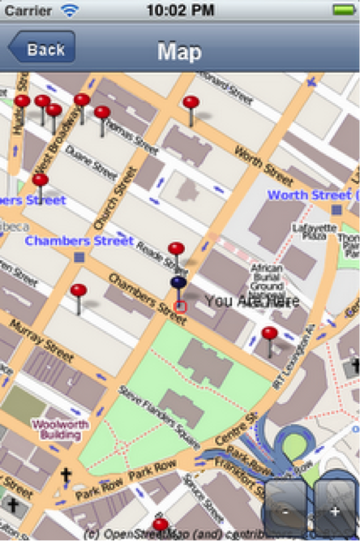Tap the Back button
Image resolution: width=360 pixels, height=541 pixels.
click(x=43, y=49)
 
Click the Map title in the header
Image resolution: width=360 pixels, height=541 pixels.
click(x=179, y=51)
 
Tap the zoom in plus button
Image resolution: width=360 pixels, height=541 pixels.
click(x=335, y=512)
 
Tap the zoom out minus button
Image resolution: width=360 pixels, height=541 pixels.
click(x=285, y=512)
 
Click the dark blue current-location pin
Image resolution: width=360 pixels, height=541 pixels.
click(x=178, y=284)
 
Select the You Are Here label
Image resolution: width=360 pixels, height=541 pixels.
click(x=251, y=301)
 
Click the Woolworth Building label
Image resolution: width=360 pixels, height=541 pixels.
click(x=57, y=428)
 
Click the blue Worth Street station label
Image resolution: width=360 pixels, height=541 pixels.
click(x=310, y=195)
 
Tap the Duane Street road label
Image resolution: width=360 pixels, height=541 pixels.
click(x=86, y=161)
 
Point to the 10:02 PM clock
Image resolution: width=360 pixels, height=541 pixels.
click(x=179, y=11)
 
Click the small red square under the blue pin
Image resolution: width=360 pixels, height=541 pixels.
click(x=180, y=307)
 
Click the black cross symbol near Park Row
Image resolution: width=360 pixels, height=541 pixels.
click(x=66, y=476)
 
